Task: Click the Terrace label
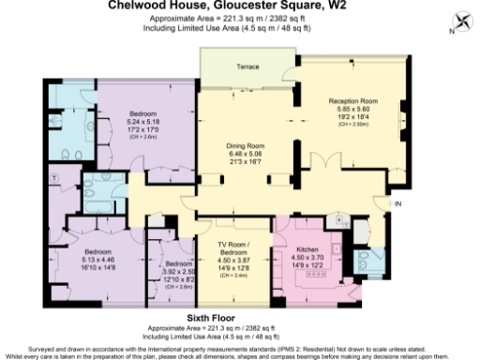(x=247, y=67)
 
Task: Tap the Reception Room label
(x=352, y=100)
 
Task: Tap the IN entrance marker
(x=397, y=203)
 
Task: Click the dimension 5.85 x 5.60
(x=352, y=109)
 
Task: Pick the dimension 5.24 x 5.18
(x=144, y=121)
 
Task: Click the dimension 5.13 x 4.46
(x=97, y=260)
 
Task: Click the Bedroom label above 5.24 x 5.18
(x=144, y=112)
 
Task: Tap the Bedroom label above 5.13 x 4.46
(x=97, y=251)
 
